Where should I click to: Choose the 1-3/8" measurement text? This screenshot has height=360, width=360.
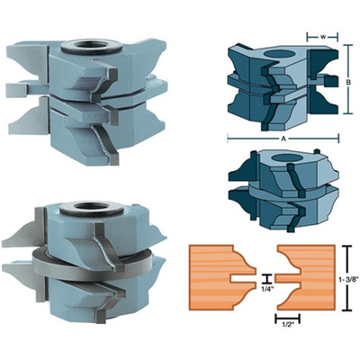(x=352, y=280)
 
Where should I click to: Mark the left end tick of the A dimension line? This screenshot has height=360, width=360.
(x=227, y=139)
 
